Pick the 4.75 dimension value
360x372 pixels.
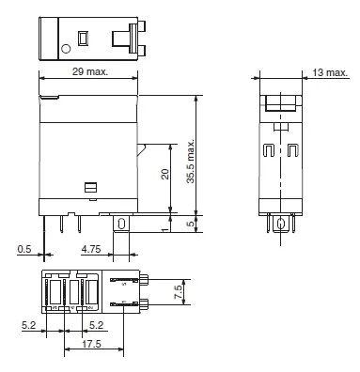90,250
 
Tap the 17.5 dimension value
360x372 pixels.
91,345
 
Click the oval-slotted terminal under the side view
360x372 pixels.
279,224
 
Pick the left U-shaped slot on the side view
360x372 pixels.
269,150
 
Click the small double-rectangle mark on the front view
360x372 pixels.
90,188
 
